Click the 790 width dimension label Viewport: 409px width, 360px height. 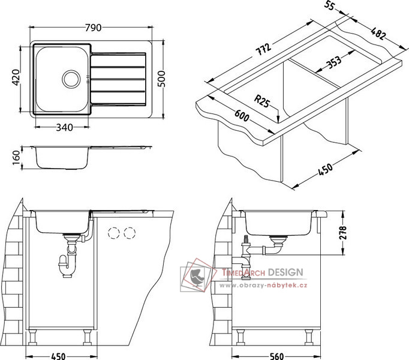click(93, 28)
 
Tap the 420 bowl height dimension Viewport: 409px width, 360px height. click(16, 77)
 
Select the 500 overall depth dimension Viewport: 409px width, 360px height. click(161, 79)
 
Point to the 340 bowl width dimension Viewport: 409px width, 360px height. click(64, 127)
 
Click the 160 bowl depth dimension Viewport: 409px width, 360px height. click(16, 157)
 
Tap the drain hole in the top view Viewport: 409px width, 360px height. click(71, 79)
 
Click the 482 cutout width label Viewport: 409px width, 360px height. click(378, 33)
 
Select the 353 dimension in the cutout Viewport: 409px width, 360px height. click(333, 62)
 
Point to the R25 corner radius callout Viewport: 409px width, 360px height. click(261, 101)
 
